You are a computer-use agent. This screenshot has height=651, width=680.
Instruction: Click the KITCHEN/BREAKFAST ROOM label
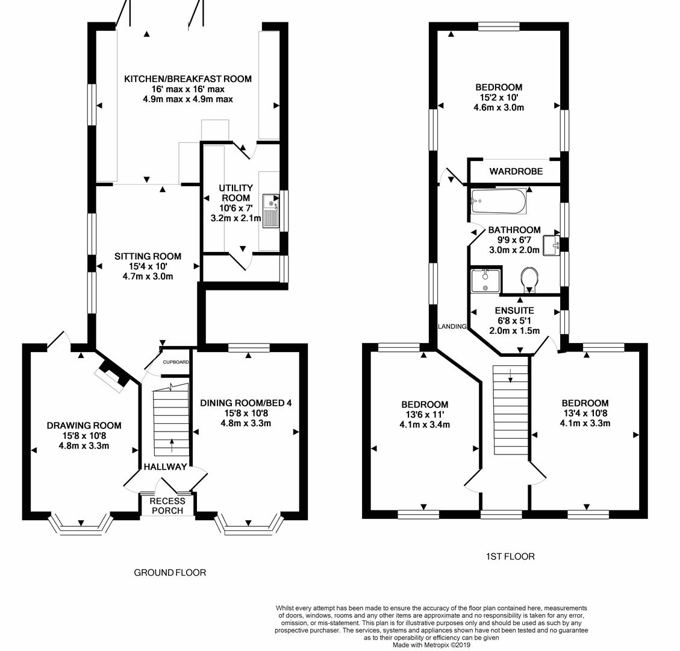pos(188,79)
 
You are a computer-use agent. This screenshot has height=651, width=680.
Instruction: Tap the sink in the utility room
pos(272,211)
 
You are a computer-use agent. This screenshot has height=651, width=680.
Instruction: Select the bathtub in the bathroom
pos(499,201)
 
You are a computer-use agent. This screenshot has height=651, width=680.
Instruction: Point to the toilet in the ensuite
pos(529,279)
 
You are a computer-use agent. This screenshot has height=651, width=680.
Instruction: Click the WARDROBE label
pos(516,171)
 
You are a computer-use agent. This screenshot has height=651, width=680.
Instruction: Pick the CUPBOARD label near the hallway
pos(176,362)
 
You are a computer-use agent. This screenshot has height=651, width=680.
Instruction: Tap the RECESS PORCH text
pos(167,506)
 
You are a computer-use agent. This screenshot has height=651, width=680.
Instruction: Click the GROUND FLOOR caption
pos(170,573)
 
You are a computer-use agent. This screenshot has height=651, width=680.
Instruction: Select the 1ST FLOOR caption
pos(510,556)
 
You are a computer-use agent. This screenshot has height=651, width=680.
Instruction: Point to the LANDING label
pos(452,326)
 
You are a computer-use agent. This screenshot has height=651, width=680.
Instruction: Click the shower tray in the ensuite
pos(485,280)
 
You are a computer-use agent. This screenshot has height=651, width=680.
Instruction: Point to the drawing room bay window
pos(80,526)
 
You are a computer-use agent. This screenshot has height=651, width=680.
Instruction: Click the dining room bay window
pos(248,526)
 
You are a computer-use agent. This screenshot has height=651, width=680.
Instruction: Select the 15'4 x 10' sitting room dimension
pos(148,266)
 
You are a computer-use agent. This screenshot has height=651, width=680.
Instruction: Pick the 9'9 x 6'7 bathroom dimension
pos(515,240)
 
